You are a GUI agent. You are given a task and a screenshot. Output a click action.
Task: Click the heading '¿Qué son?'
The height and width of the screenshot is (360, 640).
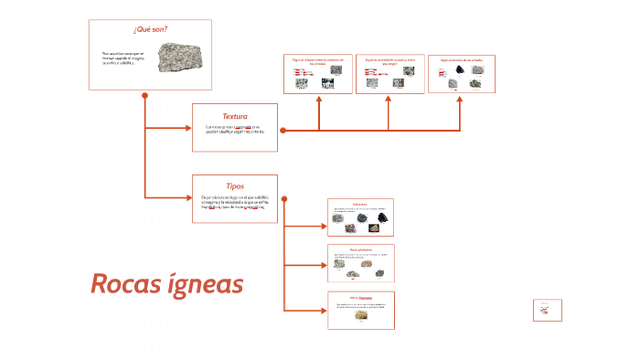(x=149, y=29)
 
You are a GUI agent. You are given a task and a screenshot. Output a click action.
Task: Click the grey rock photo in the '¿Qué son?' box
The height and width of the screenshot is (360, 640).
(x=175, y=57)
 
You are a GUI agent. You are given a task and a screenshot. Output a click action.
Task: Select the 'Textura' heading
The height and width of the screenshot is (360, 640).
(x=235, y=116)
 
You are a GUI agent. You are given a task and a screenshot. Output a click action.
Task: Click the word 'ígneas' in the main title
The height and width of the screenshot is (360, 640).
(x=208, y=284)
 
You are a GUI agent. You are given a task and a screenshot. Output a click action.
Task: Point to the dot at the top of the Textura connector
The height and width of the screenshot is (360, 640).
(x=283, y=131)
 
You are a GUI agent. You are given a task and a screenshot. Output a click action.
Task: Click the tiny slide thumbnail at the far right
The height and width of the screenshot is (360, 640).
(x=547, y=310)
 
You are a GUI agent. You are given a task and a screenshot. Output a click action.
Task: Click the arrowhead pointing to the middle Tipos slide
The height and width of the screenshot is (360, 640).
(x=323, y=264)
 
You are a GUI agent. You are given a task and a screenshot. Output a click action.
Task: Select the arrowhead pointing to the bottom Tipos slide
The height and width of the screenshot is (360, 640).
(x=323, y=311)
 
